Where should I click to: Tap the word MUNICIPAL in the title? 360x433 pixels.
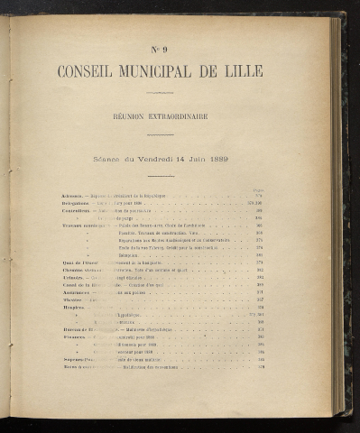pyautogui.click(x=174, y=71)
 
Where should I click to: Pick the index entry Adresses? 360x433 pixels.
pyautogui.click(x=72, y=196)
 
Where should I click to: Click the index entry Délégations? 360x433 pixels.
pyautogui.click(x=76, y=203)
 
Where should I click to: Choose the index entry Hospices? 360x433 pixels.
pyautogui.click(x=73, y=308)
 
